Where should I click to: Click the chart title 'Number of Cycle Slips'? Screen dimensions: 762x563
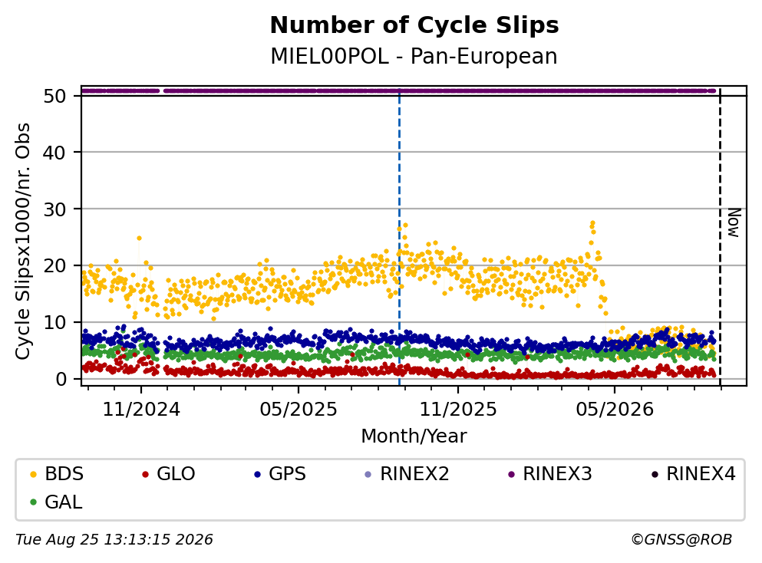pos(414,25)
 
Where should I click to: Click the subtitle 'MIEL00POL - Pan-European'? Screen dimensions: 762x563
pos(414,56)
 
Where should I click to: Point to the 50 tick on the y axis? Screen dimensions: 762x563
pos(54,96)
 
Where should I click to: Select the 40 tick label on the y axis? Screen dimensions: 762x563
pos(54,153)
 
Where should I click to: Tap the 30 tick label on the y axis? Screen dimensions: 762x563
pos(54,209)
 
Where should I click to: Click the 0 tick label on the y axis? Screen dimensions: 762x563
pos(61,379)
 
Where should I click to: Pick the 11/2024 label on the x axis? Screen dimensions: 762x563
pos(141,410)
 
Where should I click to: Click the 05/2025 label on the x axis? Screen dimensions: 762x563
pos(299,410)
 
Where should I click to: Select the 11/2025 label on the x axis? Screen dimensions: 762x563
pos(458,410)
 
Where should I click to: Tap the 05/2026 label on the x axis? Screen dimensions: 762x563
pos(615,410)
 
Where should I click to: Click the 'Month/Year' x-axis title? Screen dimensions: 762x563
pos(414,436)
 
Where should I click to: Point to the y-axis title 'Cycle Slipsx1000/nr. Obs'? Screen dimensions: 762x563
pos(22,241)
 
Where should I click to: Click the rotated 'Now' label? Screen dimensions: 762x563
pos(734,223)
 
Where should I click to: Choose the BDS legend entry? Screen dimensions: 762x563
pos(57,473)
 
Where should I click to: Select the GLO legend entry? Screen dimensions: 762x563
pos(169,473)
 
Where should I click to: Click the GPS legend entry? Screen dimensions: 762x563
pos(280,473)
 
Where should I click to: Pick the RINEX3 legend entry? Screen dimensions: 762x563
pos(550,473)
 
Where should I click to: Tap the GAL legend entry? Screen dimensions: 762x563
pos(56,502)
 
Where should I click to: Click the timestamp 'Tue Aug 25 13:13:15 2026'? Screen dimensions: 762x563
pos(114,540)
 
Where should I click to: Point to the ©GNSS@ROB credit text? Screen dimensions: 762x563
pos(681,540)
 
